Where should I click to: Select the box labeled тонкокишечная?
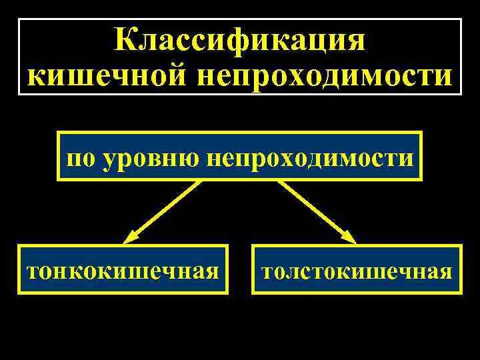(x=123, y=270)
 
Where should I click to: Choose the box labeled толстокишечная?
(x=357, y=270)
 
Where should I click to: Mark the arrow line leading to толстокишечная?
(x=313, y=207)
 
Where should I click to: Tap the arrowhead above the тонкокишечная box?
(x=132, y=235)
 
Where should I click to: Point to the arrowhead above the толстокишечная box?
(x=347, y=235)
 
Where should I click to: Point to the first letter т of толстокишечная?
(x=267, y=272)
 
